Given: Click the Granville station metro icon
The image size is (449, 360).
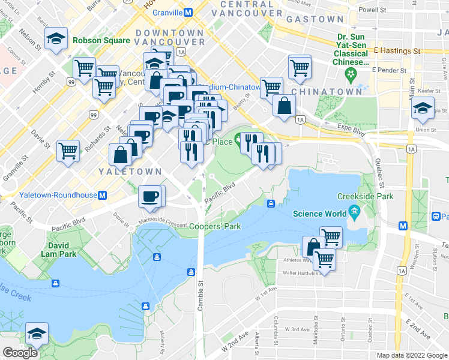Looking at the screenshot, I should coord(188,12).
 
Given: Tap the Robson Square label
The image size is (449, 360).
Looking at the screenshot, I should coord(101,41).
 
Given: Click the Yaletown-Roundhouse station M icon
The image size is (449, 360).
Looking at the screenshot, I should coord(103,195).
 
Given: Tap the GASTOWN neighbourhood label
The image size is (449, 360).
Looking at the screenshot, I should coord(315,19).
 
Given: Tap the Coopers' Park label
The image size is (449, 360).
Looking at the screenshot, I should coord(215,227).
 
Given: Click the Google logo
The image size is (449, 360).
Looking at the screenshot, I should coord(20,353).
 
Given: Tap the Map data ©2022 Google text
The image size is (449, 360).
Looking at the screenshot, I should coord(411,355).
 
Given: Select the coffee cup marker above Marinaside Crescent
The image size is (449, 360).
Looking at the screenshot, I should coord(149,196).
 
